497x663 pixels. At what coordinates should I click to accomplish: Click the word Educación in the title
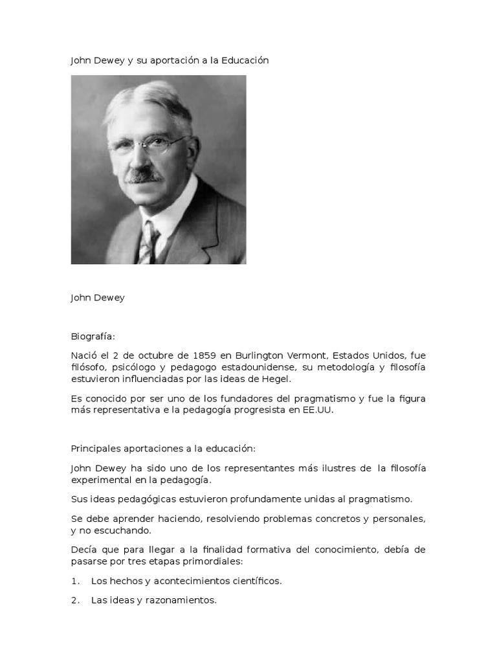(x=245, y=60)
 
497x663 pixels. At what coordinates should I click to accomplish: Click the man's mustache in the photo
(x=144, y=175)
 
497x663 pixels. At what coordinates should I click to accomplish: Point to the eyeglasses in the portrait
(x=148, y=144)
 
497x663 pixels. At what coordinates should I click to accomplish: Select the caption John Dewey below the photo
(x=98, y=298)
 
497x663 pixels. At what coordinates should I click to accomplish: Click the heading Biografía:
(x=93, y=337)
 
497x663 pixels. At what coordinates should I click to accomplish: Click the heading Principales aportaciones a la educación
(x=163, y=449)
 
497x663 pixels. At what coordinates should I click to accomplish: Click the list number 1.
(x=74, y=581)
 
